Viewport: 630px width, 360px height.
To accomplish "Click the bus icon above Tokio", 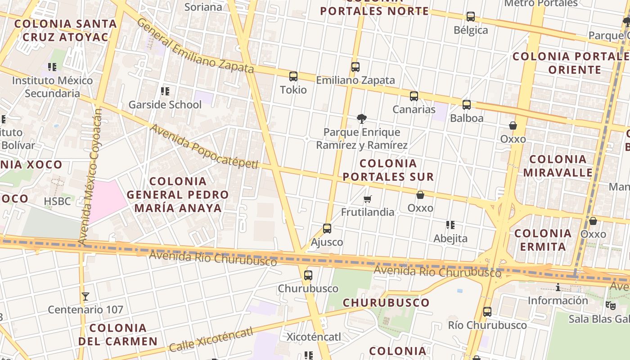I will click(293, 76).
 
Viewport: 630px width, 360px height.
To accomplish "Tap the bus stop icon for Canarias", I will click(414, 96).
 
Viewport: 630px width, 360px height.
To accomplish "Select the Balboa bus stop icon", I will click(467, 105).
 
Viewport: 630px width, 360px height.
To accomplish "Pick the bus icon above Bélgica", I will click(471, 17).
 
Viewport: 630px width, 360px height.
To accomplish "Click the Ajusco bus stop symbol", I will click(327, 229).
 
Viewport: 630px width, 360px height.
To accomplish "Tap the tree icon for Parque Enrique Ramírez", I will click(361, 119).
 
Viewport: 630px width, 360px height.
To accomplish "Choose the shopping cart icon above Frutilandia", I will click(368, 199).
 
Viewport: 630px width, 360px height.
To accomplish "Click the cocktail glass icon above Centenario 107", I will click(85, 297).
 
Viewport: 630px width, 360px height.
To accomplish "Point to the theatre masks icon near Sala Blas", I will click(610, 306).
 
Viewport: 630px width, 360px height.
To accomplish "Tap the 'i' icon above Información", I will click(558, 288).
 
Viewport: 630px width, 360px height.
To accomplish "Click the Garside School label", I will click(165, 105).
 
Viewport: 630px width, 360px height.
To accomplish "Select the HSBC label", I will click(58, 201).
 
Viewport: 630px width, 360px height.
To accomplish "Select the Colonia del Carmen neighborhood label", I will click(118, 334).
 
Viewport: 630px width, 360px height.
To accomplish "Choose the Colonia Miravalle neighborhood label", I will click(558, 166).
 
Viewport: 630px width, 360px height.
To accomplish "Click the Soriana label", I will click(203, 7).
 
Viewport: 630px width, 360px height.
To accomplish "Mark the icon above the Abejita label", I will click(450, 225).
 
